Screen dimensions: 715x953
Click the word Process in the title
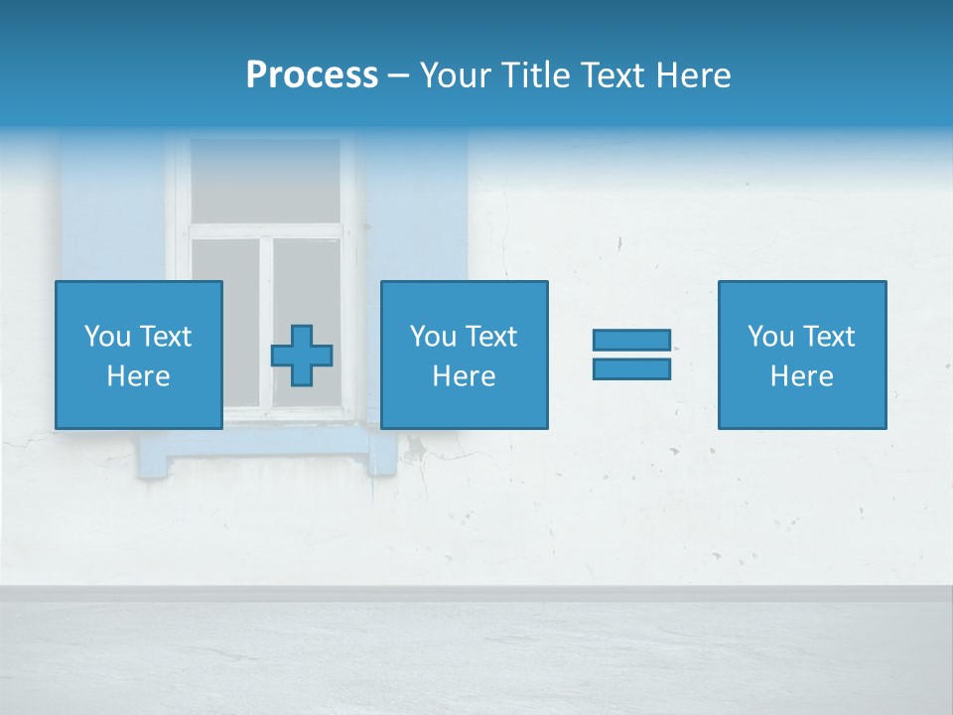coord(312,75)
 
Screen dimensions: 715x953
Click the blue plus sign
coord(302,356)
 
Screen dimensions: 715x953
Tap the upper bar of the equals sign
coord(631,341)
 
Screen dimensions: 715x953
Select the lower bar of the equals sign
coord(631,368)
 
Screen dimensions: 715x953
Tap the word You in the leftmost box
coord(105,337)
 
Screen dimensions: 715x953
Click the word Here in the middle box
coord(464,376)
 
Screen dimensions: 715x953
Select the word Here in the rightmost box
coord(801,376)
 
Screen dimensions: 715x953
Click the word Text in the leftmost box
coord(166,337)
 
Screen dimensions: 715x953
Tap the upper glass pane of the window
coord(264,180)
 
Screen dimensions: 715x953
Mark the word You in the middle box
coord(432,337)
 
